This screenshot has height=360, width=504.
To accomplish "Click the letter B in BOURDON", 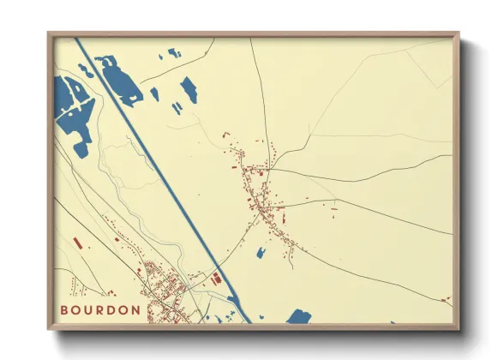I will pyautogui.click(x=64, y=310).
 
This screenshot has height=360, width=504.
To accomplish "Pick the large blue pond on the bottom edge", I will pyautogui.click(x=297, y=317).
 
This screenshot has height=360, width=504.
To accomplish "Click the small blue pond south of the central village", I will pyautogui.click(x=261, y=252).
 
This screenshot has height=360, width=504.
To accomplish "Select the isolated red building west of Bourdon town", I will pyautogui.click(x=77, y=243).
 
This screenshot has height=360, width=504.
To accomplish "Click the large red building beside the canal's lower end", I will pyautogui.click(x=216, y=278).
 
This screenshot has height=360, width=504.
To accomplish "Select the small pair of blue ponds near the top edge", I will pyautogui.click(x=174, y=53).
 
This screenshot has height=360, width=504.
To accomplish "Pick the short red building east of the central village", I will pyautogui.click(x=332, y=207).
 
